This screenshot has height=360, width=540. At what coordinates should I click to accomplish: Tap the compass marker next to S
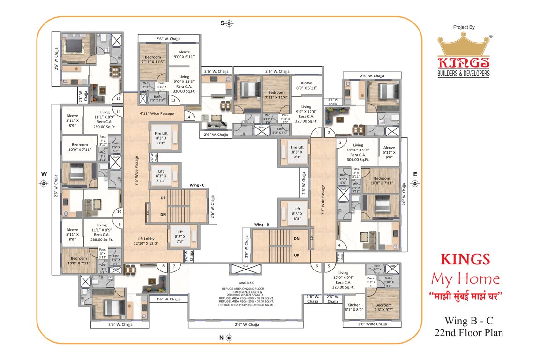coord(229,23)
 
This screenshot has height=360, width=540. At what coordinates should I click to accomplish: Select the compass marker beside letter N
coord(229,337)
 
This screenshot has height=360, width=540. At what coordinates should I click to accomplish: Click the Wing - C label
coord(197,185)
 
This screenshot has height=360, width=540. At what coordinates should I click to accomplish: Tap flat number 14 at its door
coord(188,116)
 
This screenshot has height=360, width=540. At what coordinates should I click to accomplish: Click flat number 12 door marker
coord(118,98)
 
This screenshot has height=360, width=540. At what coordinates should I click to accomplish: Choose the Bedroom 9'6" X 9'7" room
coord(383,307)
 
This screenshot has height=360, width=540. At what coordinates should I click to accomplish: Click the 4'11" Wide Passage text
coord(157,113)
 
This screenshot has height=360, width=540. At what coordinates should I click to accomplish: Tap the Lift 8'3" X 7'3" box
coord(180,237)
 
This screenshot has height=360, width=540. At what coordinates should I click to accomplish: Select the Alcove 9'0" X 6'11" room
coord(183,53)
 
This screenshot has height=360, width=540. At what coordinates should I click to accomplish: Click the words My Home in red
coord(465,279)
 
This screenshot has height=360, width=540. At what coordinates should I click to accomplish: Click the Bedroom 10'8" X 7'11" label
coord(382,180)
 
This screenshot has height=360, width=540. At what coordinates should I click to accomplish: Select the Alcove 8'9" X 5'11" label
coord(306,85)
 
